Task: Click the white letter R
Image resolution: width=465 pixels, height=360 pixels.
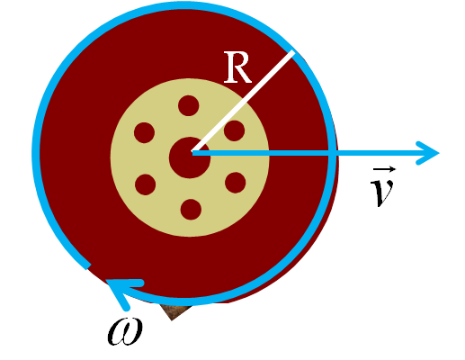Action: tap(237, 67)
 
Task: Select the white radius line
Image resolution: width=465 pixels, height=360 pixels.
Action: tap(243, 102)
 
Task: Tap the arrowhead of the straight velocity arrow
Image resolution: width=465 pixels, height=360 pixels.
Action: tap(427, 153)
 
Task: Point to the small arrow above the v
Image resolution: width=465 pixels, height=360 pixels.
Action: tap(384, 170)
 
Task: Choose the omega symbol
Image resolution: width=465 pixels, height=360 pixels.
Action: tap(125, 332)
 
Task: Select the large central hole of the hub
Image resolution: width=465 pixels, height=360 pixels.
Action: tap(190, 157)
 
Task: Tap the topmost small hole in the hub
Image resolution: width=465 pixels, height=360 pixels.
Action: tap(188, 105)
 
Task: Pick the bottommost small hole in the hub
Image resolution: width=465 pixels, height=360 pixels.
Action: tap(191, 210)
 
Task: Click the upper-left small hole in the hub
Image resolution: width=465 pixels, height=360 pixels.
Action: tap(144, 132)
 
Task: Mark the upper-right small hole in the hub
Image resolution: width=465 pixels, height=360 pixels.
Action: tap(234, 130)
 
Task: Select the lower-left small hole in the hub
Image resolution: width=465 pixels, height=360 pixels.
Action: tap(145, 184)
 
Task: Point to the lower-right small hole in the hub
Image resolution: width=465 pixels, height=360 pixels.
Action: tap(236, 183)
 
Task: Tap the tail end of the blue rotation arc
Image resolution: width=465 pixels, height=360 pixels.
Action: tap(87, 266)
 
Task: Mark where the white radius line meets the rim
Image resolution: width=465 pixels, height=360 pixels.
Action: tap(292, 52)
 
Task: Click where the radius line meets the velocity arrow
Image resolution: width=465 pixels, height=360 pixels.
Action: tap(193, 152)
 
